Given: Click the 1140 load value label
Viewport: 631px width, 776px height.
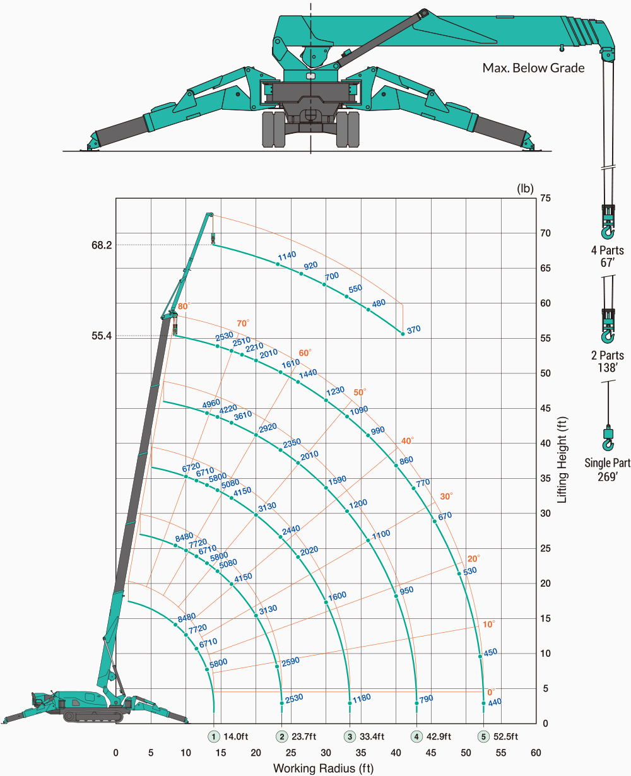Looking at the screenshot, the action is (x=287, y=256).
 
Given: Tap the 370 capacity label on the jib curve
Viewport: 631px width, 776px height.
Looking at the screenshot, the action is (x=413, y=330).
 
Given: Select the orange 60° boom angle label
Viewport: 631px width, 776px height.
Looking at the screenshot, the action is (x=305, y=353).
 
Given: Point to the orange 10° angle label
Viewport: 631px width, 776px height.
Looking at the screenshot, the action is (x=489, y=625).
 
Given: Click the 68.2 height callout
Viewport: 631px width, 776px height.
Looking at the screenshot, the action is (x=102, y=245).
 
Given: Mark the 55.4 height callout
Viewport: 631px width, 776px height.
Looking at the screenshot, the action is (x=102, y=336).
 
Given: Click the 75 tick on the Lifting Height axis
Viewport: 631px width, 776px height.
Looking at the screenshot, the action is (x=545, y=198).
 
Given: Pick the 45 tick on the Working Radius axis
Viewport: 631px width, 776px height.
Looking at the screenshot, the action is (x=430, y=753).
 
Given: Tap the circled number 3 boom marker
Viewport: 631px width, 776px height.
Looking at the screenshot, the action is (x=350, y=737).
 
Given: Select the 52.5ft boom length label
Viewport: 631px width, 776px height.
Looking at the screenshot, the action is (x=505, y=737).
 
